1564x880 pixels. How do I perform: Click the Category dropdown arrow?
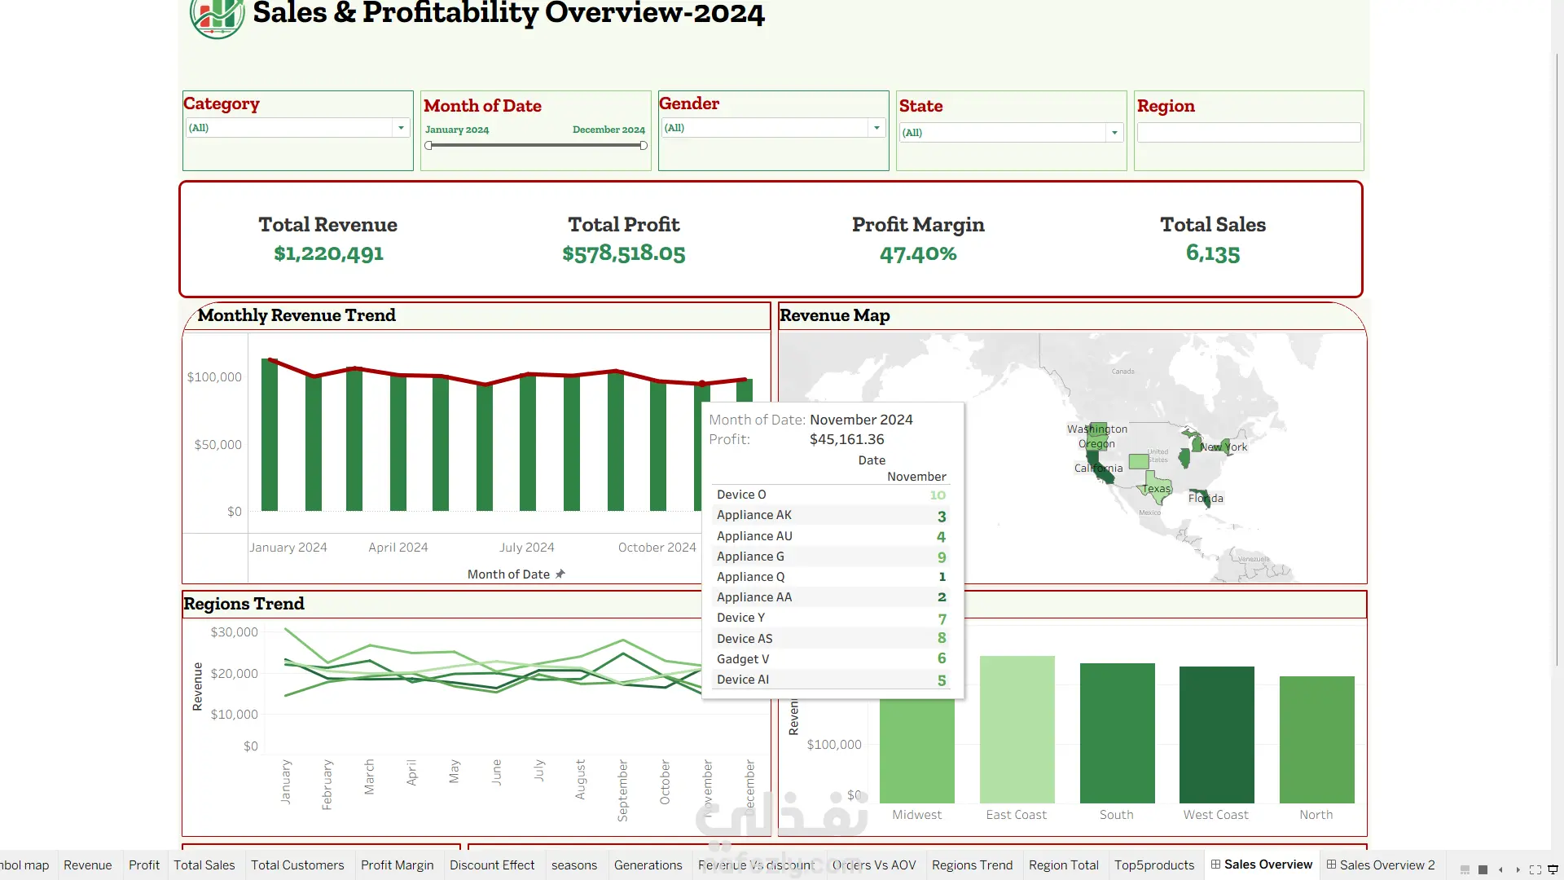tap(401, 128)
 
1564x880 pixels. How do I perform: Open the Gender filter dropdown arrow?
tap(876, 128)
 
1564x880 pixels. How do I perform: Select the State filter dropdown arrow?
tap(1114, 133)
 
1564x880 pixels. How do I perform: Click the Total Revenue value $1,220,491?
tap(328, 253)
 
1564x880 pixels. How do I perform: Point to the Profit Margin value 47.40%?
tap(918, 254)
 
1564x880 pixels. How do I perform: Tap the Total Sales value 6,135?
tap(1212, 253)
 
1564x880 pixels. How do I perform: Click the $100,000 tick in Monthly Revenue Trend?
tap(214, 377)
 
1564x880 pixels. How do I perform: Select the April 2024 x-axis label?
tap(398, 548)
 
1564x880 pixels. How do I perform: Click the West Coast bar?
tap(1216, 734)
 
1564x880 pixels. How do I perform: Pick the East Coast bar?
tap(1017, 729)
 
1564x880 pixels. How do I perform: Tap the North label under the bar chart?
tap(1316, 815)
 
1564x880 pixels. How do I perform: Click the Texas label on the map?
tap(1157, 489)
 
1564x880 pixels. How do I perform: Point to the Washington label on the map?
tap(1097, 429)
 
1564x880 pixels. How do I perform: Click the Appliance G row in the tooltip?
tap(750, 557)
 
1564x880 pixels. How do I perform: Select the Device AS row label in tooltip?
tap(745, 639)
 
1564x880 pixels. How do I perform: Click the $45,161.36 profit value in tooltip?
tap(846, 439)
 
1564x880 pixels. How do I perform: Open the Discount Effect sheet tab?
tap(492, 865)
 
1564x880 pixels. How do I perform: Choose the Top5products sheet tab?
tap(1153, 865)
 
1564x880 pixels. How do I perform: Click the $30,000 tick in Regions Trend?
tap(234, 632)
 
